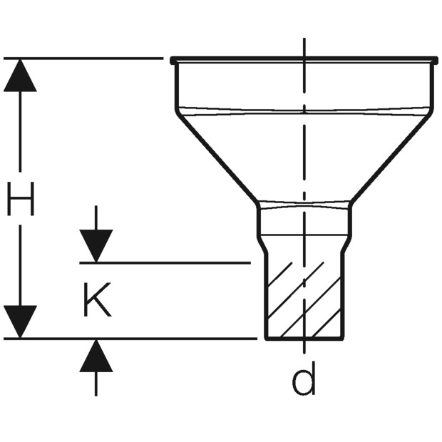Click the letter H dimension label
click(x=20, y=199)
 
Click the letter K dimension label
click(x=98, y=299)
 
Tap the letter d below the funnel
click(x=304, y=379)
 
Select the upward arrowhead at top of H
click(x=20, y=76)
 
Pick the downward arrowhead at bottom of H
click(x=20, y=322)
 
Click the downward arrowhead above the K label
click(x=96, y=246)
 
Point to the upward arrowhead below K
click(x=96, y=356)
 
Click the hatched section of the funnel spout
click(x=304, y=299)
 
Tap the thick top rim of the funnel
click(x=304, y=60)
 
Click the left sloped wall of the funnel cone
click(x=217, y=157)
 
